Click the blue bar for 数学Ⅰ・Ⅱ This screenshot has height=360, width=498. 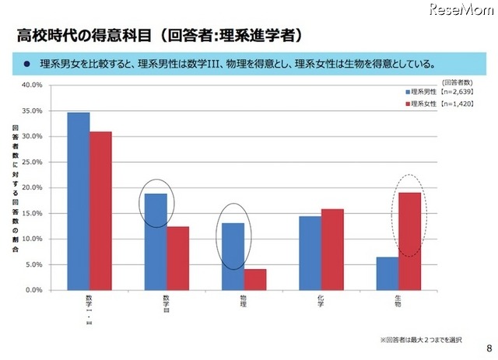click(x=78, y=201)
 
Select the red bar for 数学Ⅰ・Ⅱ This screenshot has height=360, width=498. click(x=100, y=210)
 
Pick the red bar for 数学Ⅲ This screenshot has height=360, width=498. click(x=177, y=257)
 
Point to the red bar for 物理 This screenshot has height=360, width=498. click(x=255, y=279)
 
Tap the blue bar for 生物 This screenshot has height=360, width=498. click(x=387, y=273)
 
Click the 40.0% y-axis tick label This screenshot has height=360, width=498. click(x=32, y=85)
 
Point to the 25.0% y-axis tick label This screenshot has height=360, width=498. click(x=32, y=162)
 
